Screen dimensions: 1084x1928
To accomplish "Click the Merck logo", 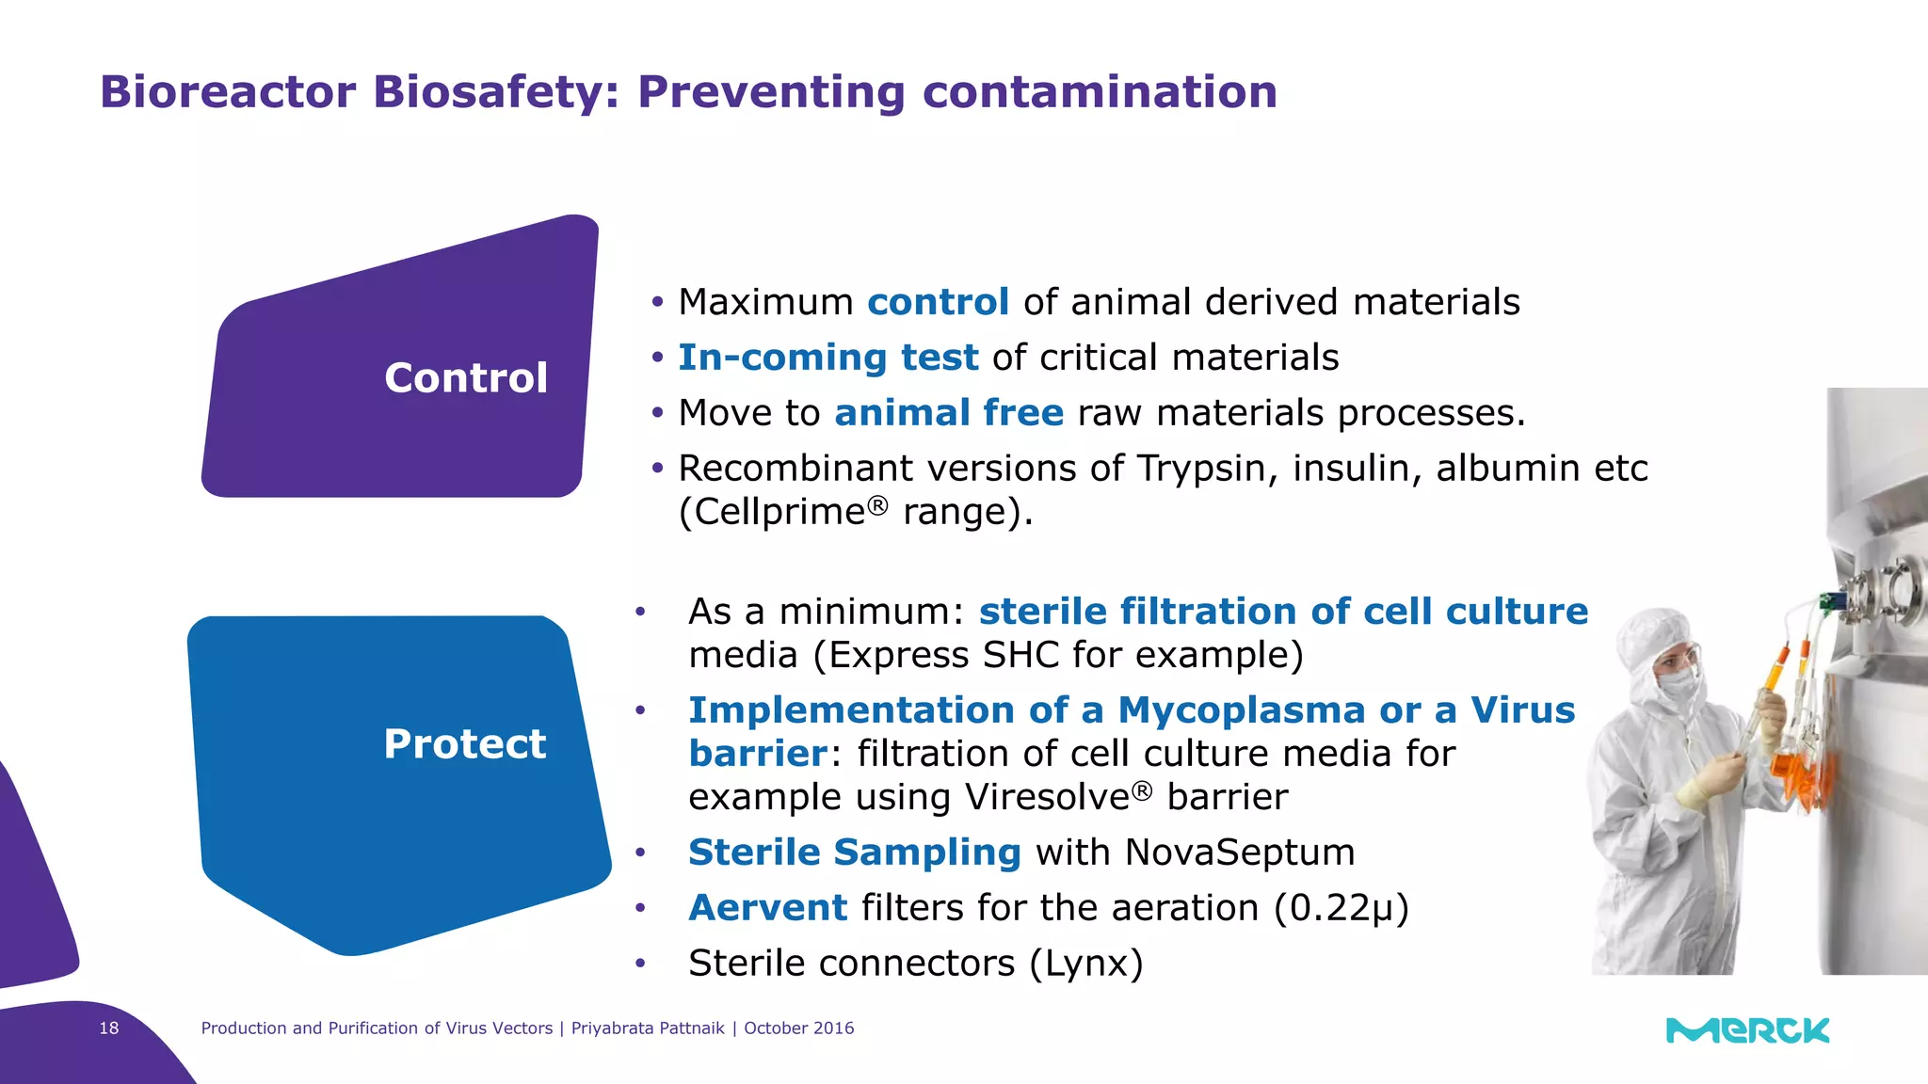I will pyautogui.click(x=1747, y=1030).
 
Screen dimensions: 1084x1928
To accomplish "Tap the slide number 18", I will pyautogui.click(x=109, y=1028).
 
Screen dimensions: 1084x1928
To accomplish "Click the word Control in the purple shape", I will pyautogui.click(x=465, y=378).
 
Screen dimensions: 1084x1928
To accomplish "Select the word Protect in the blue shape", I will pyautogui.click(x=464, y=744).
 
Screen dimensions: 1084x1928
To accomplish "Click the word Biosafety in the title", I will pyautogui.click(x=494, y=92).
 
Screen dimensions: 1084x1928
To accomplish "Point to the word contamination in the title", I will pyautogui.click(x=1100, y=92).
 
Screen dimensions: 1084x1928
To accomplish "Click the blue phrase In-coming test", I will pyautogui.click(x=827, y=358).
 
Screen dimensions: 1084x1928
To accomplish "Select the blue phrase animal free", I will pyautogui.click(x=948, y=413).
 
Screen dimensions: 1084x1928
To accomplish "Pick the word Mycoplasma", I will pyautogui.click(x=1241, y=710).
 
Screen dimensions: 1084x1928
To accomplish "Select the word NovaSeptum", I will pyautogui.click(x=1240, y=853).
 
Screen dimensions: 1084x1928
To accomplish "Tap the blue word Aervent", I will pyautogui.click(x=767, y=908).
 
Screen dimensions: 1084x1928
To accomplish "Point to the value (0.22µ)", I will pyautogui.click(x=1341, y=908).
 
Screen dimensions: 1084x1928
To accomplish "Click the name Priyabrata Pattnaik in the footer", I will pyautogui.click(x=648, y=1028).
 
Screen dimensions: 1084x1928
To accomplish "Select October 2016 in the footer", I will pyautogui.click(x=798, y=1028).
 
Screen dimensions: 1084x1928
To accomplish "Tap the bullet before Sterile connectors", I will pyautogui.click(x=640, y=964).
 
